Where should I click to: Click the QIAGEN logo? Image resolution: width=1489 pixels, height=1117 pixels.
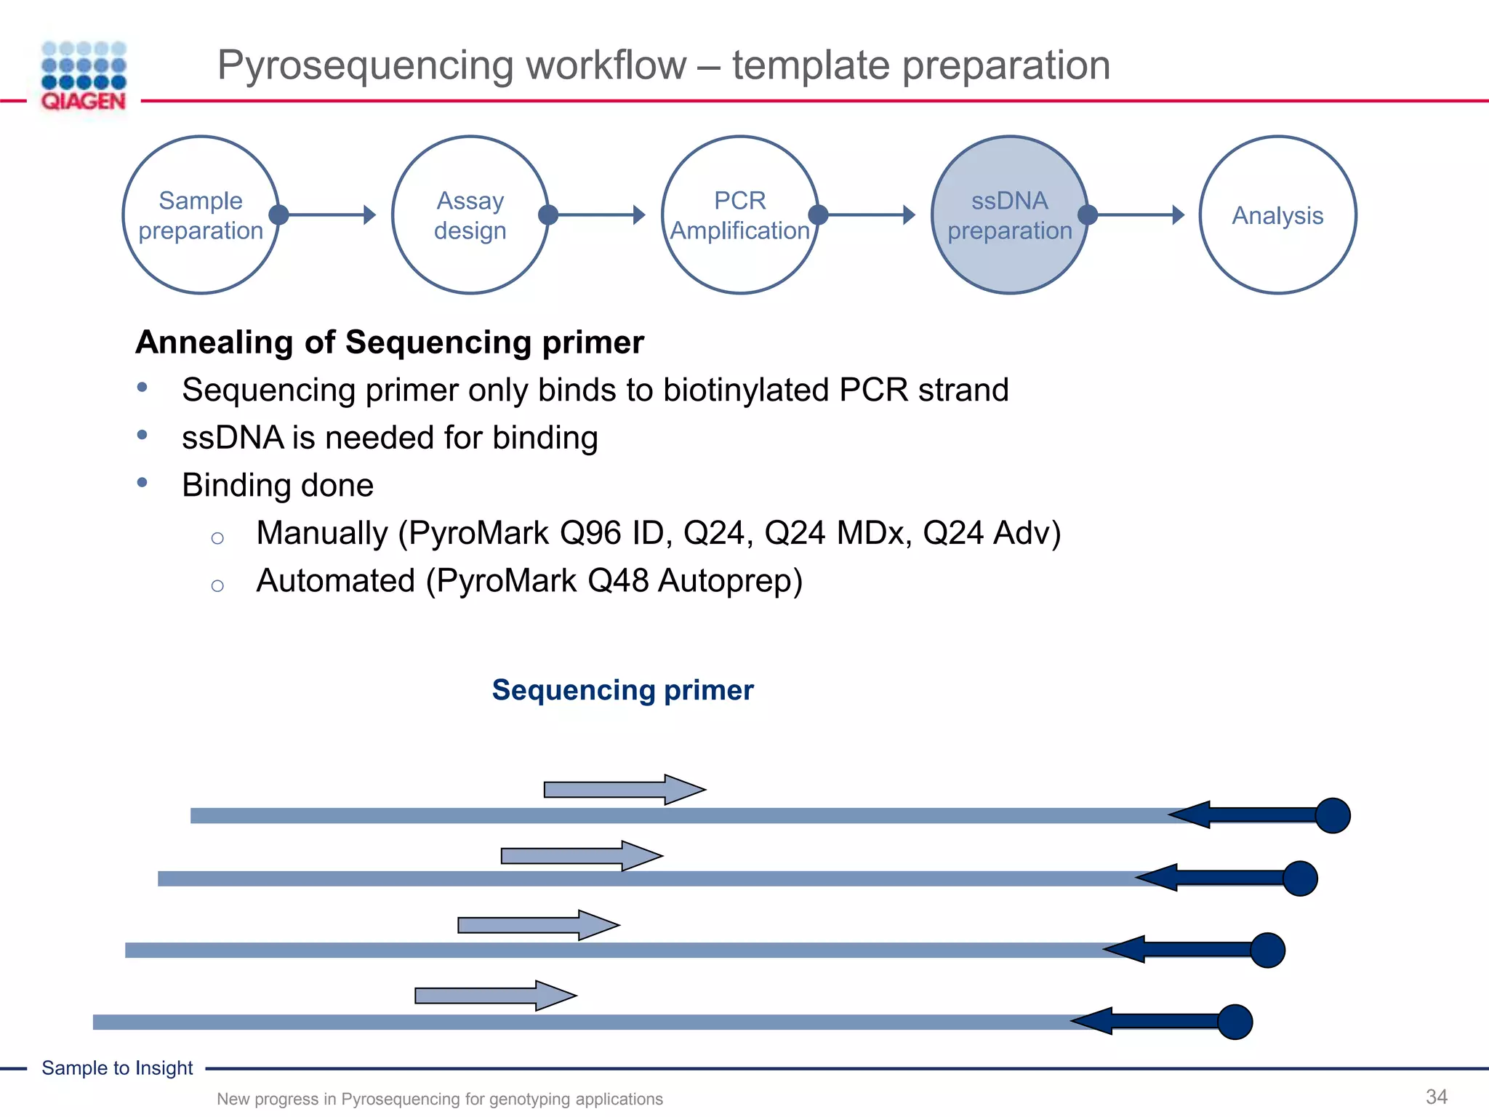tap(84, 77)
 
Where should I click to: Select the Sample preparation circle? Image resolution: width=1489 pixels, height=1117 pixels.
tap(201, 215)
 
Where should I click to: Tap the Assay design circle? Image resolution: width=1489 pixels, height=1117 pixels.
tap(470, 215)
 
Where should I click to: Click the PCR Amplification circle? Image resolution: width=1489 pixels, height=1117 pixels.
tap(739, 215)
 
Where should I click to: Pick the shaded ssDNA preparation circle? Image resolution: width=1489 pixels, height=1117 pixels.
tap(1009, 215)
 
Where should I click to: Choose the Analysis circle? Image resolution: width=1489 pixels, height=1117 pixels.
tap(1277, 215)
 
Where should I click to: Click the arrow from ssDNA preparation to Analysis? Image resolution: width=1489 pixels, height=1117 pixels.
tap(1138, 215)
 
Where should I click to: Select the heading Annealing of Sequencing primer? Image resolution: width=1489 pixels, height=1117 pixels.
tap(390, 342)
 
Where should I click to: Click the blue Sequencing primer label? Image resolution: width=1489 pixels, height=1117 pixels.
tap(622, 689)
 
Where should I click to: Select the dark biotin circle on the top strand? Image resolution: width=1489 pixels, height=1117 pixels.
tap(1333, 815)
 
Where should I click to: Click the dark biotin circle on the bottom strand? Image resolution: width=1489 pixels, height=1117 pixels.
tap(1235, 1022)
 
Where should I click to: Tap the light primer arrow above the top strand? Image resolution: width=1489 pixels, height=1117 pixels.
tap(624, 790)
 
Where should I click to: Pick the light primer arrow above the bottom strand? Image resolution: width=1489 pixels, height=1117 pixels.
tap(495, 996)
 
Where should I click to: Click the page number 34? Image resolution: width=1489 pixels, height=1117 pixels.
tap(1436, 1097)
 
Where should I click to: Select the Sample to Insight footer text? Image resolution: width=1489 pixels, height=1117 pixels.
tap(117, 1068)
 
